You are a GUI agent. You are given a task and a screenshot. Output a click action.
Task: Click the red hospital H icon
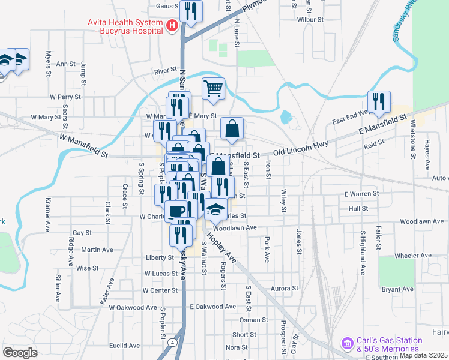[x=172, y=26]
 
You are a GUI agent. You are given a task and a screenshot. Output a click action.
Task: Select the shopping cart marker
[x=213, y=89]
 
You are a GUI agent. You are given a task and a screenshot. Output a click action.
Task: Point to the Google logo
[x=20, y=353]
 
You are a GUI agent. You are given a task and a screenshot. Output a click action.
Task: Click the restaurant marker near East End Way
[x=379, y=103]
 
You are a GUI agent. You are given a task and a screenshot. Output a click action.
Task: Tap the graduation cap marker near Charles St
[x=215, y=209]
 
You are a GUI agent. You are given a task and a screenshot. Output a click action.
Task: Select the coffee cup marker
[x=176, y=211]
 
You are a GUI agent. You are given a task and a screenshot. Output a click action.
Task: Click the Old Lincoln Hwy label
[x=301, y=148]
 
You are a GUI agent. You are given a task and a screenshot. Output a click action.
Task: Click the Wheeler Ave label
[x=414, y=256]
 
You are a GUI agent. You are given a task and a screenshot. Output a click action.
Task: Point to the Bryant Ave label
[x=397, y=289]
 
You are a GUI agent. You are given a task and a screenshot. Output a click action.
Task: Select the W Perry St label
[x=65, y=97]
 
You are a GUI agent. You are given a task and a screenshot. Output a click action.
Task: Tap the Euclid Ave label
[x=124, y=346]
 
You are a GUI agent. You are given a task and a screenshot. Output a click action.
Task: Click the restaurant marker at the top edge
[x=191, y=11]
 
